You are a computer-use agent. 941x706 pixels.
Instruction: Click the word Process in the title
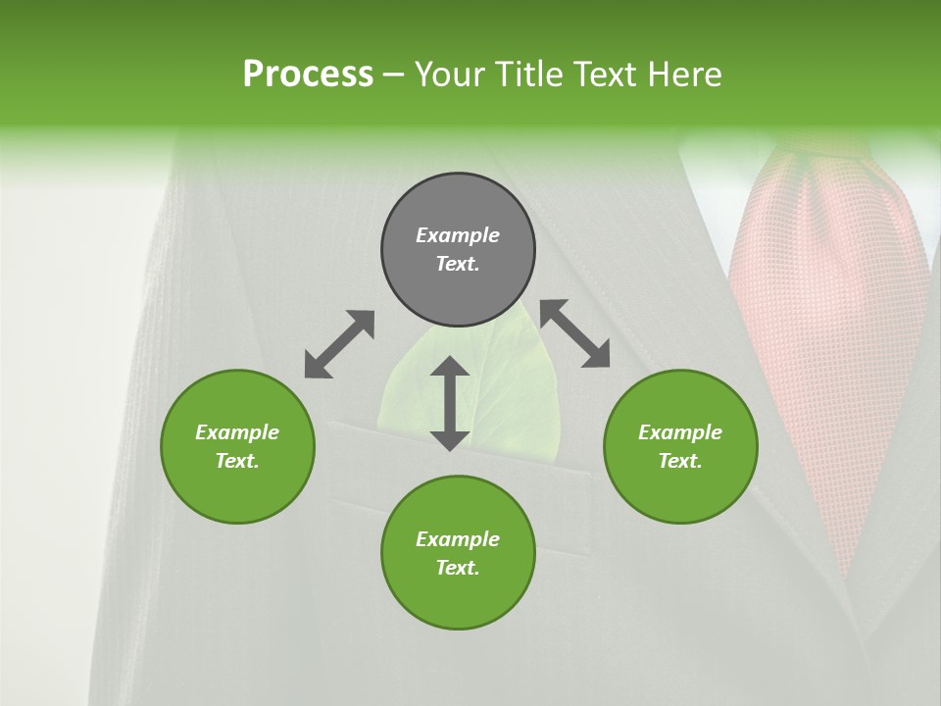[x=308, y=74]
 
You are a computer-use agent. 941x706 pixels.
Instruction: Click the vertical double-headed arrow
[x=450, y=403]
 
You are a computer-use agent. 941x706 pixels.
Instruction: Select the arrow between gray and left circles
[x=339, y=344]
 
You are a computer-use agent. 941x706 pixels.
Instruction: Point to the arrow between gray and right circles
[x=575, y=333]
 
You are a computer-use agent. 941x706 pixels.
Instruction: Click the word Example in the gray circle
[x=458, y=235]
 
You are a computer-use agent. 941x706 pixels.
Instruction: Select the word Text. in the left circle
[x=237, y=461]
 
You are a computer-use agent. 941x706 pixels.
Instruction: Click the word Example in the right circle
[x=680, y=432]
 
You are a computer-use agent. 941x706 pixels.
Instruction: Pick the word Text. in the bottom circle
[x=458, y=568]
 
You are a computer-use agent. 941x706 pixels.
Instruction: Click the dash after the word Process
[x=394, y=75]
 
